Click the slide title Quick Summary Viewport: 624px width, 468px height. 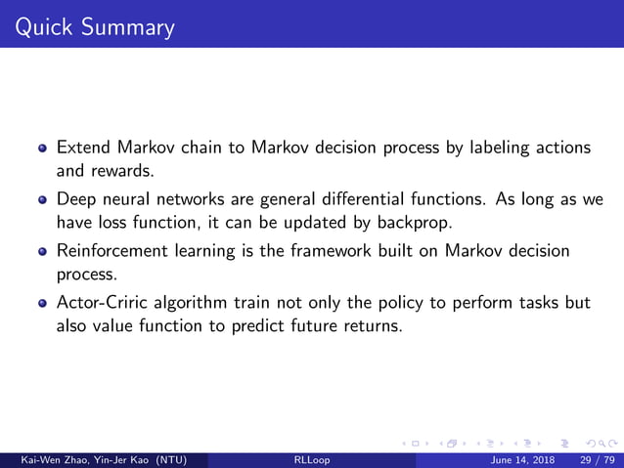pyautogui.click(x=89, y=25)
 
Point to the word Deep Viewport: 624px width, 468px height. pyautogui.click(x=76, y=198)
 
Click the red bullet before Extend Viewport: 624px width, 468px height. pyautogui.click(x=42, y=149)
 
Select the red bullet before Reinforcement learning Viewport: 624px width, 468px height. pyautogui.click(x=42, y=251)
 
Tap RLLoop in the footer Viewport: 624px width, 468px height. pyautogui.click(x=311, y=459)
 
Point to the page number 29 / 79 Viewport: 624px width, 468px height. pyautogui.click(x=598, y=459)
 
